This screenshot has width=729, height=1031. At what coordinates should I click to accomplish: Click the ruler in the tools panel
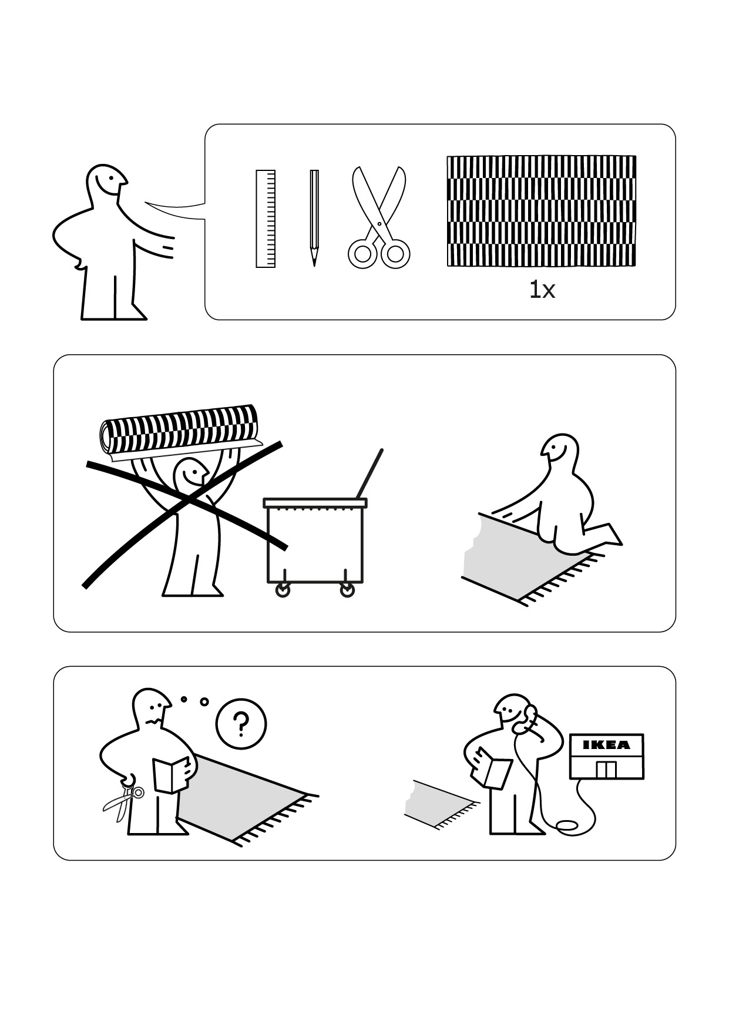pyautogui.click(x=266, y=219)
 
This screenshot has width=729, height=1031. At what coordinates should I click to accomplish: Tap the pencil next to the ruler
pyautogui.click(x=314, y=217)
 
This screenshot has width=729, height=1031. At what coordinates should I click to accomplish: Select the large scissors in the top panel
pyautogui.click(x=379, y=217)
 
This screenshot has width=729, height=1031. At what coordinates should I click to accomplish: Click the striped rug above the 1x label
pyautogui.click(x=541, y=210)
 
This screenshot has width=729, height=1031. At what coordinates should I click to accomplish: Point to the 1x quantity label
pyautogui.click(x=542, y=290)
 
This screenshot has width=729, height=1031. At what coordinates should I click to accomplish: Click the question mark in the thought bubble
pyautogui.click(x=240, y=724)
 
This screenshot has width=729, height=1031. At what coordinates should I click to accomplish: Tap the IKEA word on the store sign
pyautogui.click(x=606, y=745)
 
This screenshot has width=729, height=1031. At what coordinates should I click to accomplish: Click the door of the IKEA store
pyautogui.click(x=606, y=769)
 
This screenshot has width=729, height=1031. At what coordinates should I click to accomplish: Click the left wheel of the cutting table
pyautogui.click(x=283, y=590)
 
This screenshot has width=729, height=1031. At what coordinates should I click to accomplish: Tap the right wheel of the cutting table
pyautogui.click(x=348, y=590)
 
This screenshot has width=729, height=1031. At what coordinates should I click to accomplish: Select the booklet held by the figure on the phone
pyautogui.click(x=492, y=767)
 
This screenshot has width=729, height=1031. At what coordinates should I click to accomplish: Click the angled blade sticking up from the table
pyautogui.click(x=369, y=474)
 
